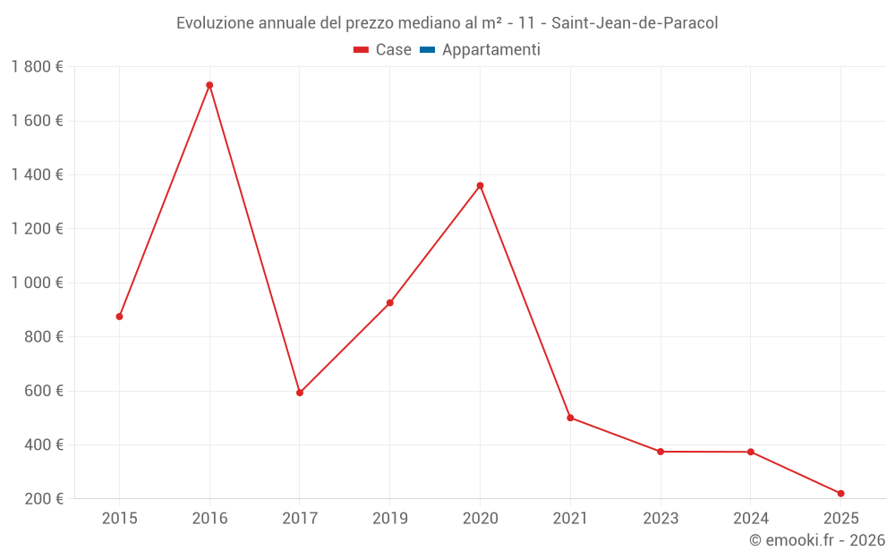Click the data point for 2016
209,85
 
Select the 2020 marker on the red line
480,186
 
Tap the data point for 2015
119,317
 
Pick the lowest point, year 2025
840,494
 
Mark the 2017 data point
300,393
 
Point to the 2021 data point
570,418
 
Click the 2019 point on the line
390,303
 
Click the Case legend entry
383,50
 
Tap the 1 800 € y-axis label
38,67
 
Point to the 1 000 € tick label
38,283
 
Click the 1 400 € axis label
38,175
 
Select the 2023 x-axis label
661,519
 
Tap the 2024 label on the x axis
750,519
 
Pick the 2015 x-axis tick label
119,519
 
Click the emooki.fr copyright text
817,540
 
